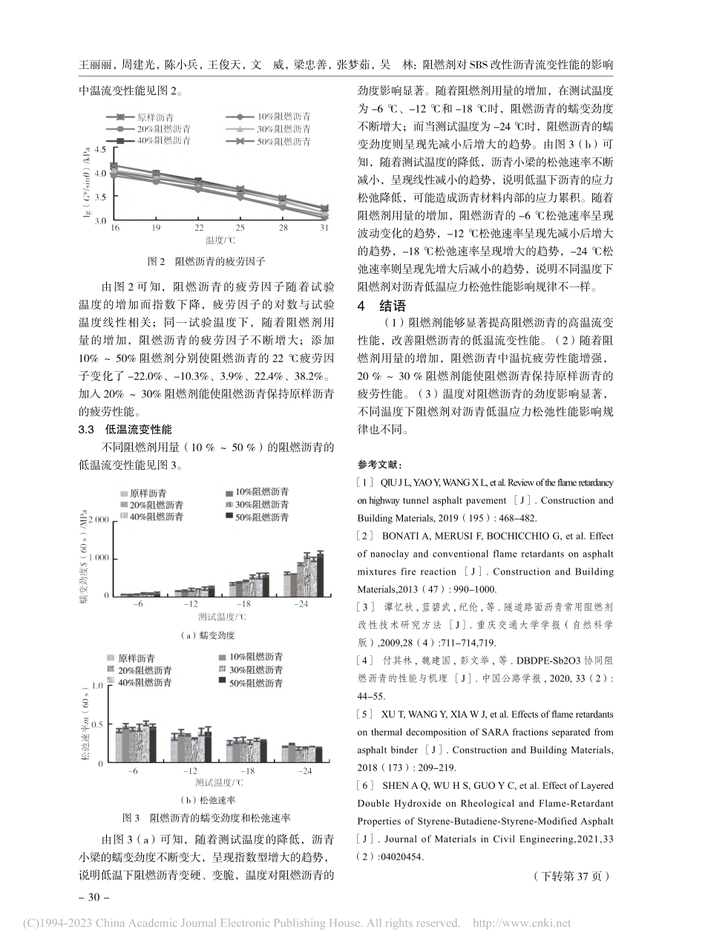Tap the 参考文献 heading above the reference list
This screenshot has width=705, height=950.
coord(379,465)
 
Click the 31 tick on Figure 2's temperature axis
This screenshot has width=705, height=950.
coord(324,228)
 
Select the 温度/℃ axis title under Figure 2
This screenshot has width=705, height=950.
coord(220,240)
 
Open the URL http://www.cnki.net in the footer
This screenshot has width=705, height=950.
coord(522,923)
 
